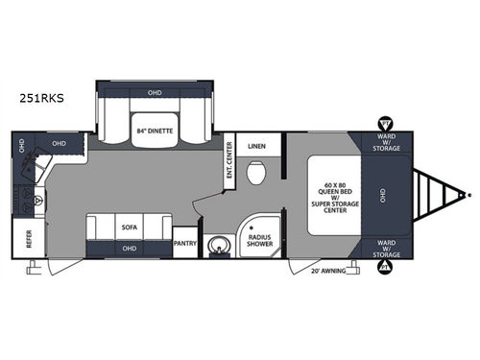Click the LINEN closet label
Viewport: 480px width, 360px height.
(x=256, y=146)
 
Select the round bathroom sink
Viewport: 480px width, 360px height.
(x=219, y=244)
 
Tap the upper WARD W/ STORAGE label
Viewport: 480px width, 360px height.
(x=387, y=144)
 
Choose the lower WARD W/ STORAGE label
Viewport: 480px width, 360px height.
(x=387, y=246)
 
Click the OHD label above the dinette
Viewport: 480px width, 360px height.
(x=156, y=94)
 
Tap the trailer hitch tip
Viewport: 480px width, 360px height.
(x=468, y=195)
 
